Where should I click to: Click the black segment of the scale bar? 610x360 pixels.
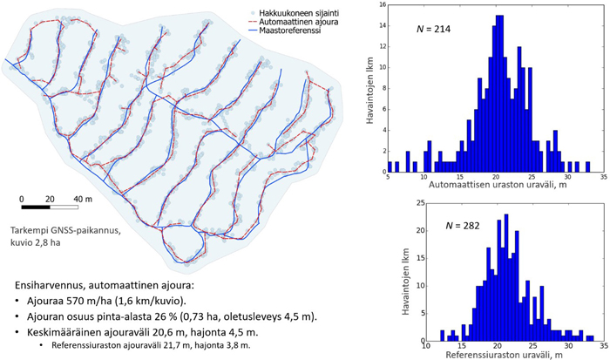pos(35,207)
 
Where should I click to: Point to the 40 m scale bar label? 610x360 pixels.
pos(82,198)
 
